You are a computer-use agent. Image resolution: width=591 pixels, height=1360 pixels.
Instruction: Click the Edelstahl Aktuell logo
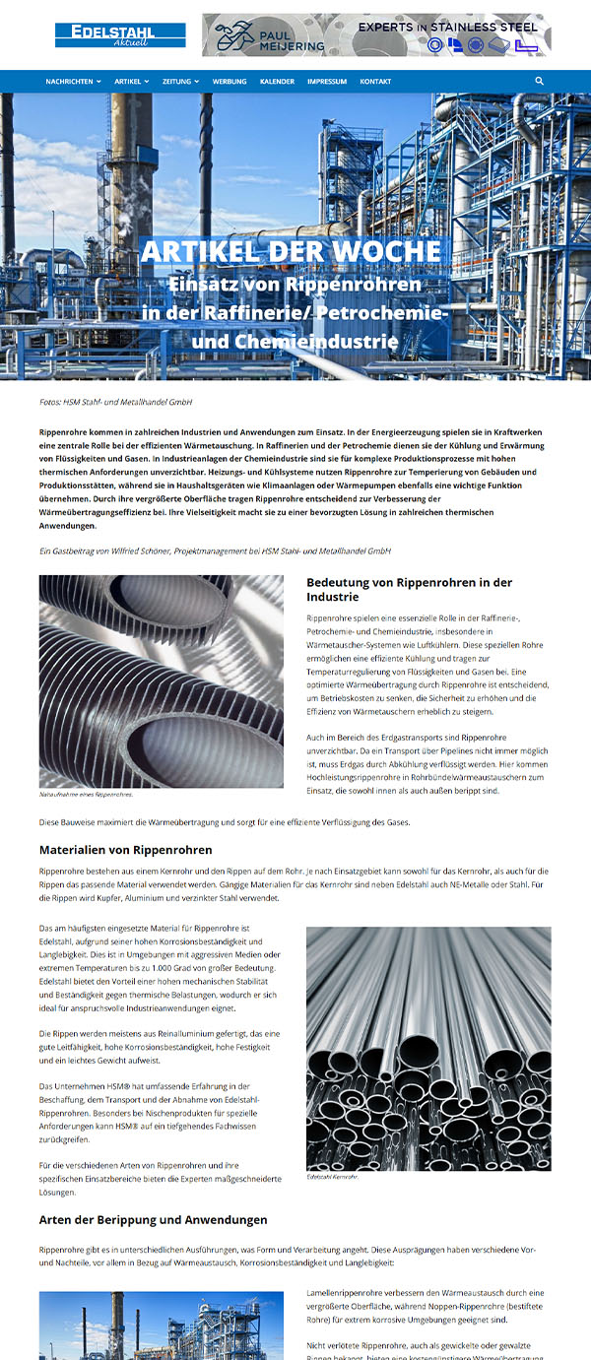[x=120, y=35]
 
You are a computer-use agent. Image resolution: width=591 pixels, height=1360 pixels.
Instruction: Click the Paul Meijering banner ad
[x=376, y=34]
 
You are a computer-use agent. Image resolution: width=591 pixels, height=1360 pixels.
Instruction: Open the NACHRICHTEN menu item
[x=73, y=82]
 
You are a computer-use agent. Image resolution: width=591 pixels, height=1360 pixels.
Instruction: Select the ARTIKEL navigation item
[x=131, y=82]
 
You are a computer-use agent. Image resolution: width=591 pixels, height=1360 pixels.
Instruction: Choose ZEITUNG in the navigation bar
[x=181, y=82]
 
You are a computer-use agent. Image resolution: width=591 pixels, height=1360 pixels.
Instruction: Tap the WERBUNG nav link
[x=230, y=82]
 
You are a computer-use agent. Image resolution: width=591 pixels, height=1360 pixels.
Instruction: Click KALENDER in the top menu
[x=277, y=82]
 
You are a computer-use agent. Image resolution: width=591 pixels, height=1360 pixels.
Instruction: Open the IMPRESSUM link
[x=327, y=82]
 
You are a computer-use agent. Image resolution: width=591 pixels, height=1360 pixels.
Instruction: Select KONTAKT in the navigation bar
[x=375, y=82]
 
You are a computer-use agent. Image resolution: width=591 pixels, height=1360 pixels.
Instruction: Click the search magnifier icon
[x=540, y=81]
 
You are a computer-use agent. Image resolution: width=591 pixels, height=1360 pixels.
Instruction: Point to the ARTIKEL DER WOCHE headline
[x=291, y=251]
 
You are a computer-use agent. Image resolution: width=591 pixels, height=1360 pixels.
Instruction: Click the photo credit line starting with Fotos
[x=115, y=402]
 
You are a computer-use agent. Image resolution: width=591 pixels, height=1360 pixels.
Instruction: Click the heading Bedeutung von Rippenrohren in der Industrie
[x=409, y=590]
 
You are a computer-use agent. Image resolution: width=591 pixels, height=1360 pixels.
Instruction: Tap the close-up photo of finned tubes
[x=161, y=681]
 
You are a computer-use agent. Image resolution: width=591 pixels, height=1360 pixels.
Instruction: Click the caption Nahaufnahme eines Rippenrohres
[x=87, y=794]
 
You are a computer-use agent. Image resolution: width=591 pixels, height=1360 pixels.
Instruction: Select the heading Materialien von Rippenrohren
[x=125, y=850]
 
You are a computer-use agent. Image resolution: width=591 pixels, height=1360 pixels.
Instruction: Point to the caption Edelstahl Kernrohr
[x=332, y=1176]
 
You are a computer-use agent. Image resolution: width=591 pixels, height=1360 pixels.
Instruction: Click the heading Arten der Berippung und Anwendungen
[x=153, y=1220]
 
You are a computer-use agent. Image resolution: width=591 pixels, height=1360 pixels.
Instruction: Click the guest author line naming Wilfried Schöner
[x=215, y=551]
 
